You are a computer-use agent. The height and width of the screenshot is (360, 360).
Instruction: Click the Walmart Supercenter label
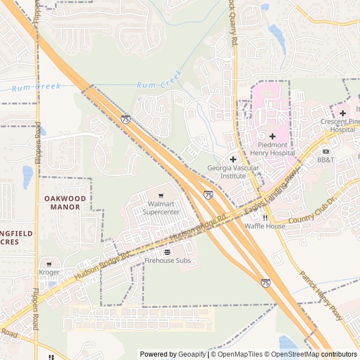coord(161,208)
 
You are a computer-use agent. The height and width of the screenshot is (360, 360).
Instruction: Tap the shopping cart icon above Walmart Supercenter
coord(161,195)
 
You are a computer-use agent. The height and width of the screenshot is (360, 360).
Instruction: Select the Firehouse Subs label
coord(167,260)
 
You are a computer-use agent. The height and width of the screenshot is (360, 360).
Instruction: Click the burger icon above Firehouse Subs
coord(167,251)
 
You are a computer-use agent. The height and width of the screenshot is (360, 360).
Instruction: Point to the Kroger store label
coord(49,272)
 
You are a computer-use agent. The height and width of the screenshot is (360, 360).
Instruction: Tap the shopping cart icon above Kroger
coord(49,263)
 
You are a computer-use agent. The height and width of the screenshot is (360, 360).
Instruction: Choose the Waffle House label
coord(264,226)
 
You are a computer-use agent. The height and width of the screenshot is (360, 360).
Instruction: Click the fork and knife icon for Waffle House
coord(265,217)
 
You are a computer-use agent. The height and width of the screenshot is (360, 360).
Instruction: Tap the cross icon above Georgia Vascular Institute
coord(233,159)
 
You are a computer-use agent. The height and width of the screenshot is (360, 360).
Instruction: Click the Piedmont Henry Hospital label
coord(272,148)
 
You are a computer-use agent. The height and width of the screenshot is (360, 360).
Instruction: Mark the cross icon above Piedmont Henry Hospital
coord(272,136)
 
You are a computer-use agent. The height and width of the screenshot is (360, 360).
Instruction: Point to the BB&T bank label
coord(325,160)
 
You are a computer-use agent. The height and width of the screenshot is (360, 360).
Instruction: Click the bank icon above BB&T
coord(325,151)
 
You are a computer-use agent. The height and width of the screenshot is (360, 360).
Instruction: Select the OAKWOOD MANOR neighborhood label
coord(65,202)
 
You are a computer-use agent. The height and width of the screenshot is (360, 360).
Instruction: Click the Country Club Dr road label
coord(311,211)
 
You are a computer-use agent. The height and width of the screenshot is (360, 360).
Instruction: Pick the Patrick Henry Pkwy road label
coord(321,296)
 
